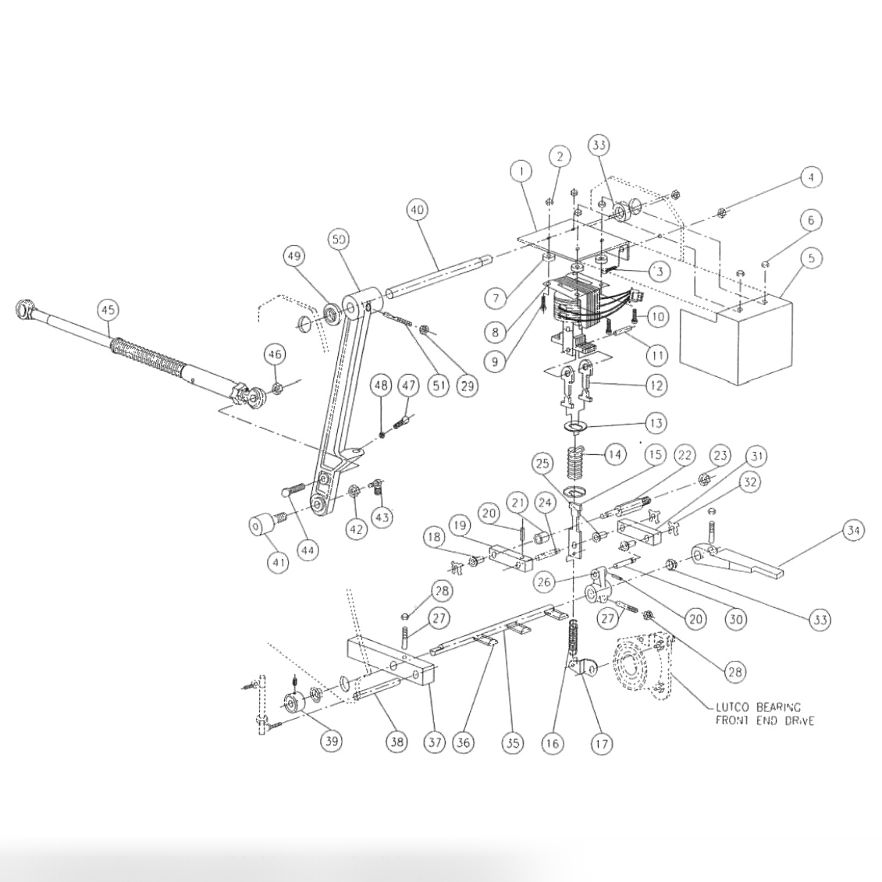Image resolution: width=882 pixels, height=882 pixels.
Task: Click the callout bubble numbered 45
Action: coord(108,311)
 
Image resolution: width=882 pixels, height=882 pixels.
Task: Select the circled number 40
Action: coord(418,211)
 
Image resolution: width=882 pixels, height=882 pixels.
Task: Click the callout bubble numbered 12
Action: coord(656,385)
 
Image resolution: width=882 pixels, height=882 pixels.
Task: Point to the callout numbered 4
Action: coord(811,178)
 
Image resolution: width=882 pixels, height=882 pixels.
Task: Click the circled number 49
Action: coord(294,257)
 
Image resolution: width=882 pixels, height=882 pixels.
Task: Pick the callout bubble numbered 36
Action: coord(464,743)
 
